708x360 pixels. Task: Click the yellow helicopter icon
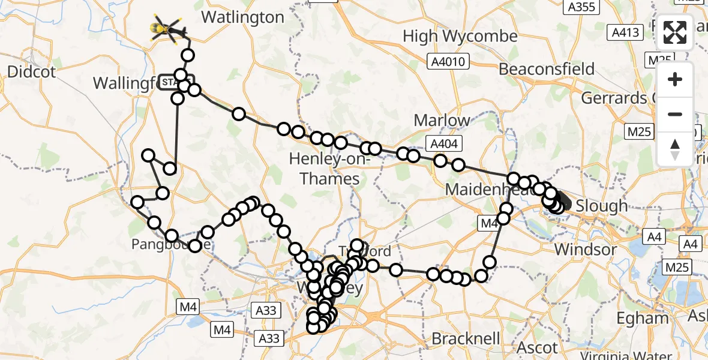168,28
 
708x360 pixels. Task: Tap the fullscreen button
675,32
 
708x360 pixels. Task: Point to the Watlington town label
242,17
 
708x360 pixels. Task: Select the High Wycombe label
460,36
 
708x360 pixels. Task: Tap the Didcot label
31,72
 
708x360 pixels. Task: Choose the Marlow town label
442,120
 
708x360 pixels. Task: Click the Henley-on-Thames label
325,169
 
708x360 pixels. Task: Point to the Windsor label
586,249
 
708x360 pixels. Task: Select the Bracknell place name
466,339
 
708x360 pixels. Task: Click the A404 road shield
443,143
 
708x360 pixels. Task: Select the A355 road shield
580,7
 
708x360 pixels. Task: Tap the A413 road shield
623,32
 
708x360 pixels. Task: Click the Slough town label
601,206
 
